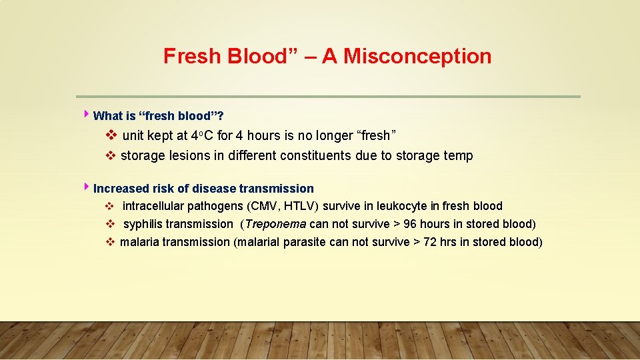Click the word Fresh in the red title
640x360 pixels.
(x=189, y=56)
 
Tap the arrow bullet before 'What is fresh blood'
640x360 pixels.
(x=87, y=115)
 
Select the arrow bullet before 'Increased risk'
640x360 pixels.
(x=87, y=188)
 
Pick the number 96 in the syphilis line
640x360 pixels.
(x=409, y=224)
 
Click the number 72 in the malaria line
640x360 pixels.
(x=430, y=242)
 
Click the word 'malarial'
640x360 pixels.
(x=258, y=242)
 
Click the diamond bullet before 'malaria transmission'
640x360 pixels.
(x=110, y=242)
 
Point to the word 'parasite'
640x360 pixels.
(x=305, y=242)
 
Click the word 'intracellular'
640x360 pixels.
(x=153, y=206)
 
